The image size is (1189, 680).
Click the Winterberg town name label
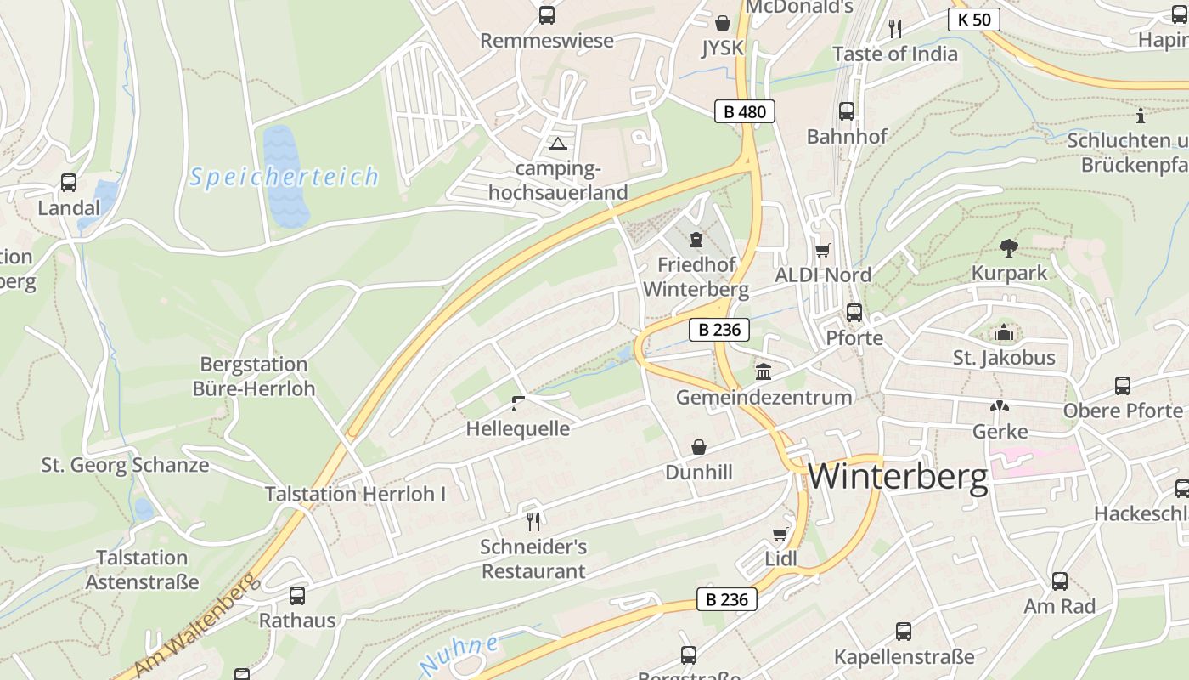coord(898,477)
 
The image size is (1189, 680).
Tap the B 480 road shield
coord(744,111)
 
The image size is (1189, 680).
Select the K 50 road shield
coord(973,20)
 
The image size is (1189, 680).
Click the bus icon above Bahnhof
coord(847,111)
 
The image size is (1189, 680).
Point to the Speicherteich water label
coord(284,177)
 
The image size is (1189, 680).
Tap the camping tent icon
coord(557,143)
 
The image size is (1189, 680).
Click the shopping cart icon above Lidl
coord(780,534)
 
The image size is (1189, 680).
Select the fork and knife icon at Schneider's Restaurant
coord(533,520)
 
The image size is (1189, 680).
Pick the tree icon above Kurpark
coord(1009,248)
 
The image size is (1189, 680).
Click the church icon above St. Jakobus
coord(1004,332)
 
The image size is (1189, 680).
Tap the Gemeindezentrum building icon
coord(763,371)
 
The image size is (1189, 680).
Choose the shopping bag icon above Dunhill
coord(698,447)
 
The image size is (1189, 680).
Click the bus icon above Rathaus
coord(297,595)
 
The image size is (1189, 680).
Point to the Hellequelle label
coord(517,428)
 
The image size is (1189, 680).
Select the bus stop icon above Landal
coord(69,183)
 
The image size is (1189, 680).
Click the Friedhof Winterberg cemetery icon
coord(696,239)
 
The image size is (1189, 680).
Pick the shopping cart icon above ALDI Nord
coord(822,250)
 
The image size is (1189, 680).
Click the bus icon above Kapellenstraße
coord(904,632)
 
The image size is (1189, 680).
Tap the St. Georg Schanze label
coord(125,465)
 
